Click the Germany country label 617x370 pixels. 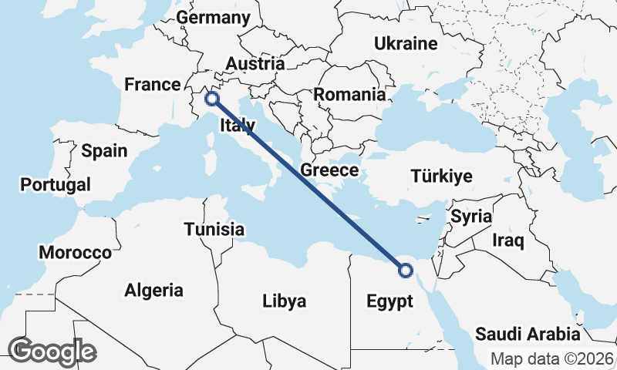click(x=214, y=18)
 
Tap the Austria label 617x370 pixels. click(x=255, y=64)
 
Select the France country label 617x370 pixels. click(x=153, y=84)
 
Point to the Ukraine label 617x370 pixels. click(x=405, y=43)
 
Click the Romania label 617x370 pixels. click(x=349, y=95)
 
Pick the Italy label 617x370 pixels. click(x=238, y=126)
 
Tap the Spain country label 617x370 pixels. click(x=104, y=150)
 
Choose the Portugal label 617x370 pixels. click(x=56, y=185)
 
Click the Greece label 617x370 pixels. click(x=329, y=170)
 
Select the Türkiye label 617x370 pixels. click(x=442, y=176)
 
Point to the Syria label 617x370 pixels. click(x=471, y=217)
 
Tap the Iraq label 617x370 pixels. click(x=508, y=240)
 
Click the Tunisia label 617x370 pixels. click(x=214, y=229)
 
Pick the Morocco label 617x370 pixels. click(x=76, y=252)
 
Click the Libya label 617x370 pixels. click(x=284, y=301)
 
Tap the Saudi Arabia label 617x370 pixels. click(x=528, y=334)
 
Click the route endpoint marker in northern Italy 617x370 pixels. click(x=212, y=99)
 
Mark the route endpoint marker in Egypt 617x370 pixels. click(x=405, y=270)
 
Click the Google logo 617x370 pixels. click(x=52, y=351)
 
